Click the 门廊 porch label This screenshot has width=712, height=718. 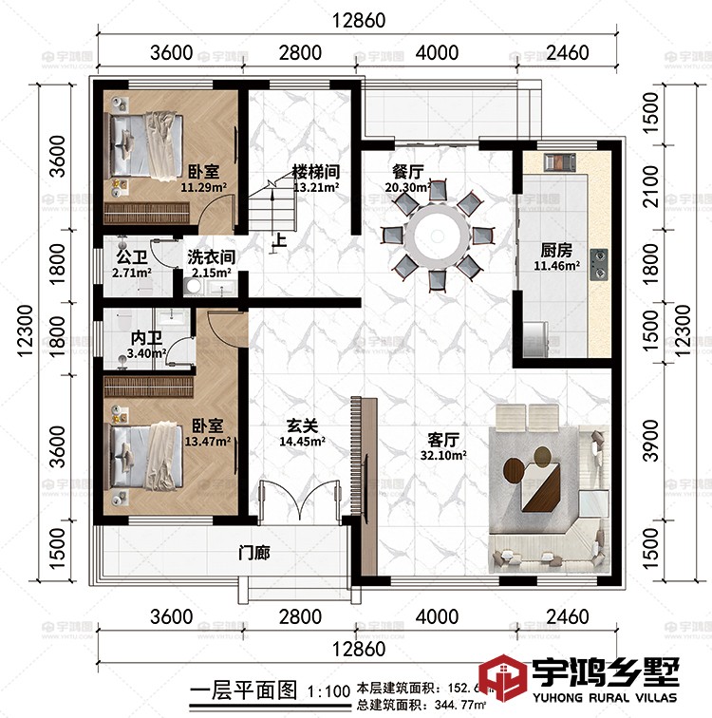click(253, 552)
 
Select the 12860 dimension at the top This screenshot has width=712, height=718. click(356, 17)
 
